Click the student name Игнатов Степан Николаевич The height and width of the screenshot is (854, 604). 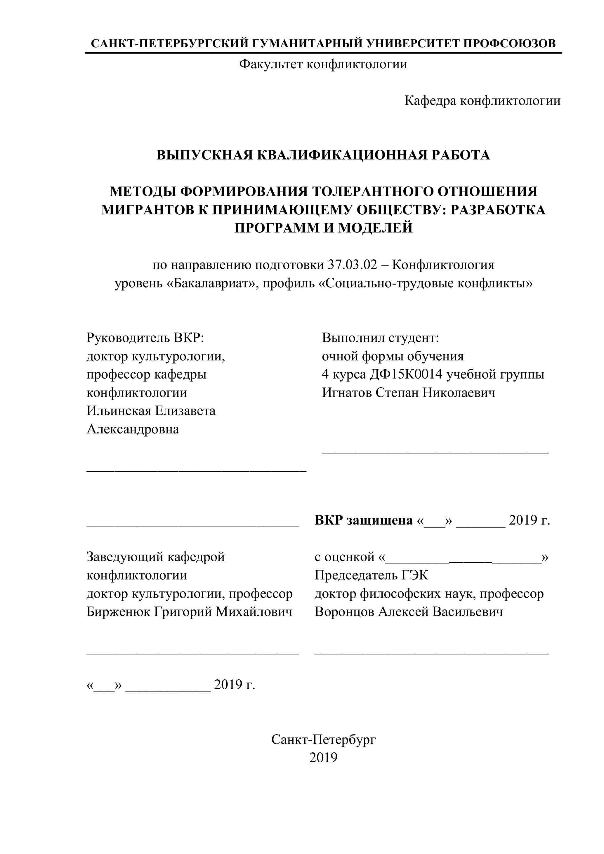[408, 393]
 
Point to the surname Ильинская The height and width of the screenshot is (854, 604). [119, 411]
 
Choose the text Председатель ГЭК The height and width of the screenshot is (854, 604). [371, 575]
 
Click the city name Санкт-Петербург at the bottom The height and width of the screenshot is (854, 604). [323, 740]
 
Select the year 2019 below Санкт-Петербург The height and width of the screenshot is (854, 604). [323, 758]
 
